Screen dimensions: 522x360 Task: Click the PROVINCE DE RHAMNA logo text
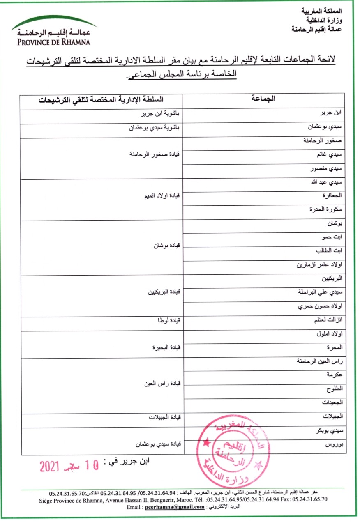pyautogui.click(x=53, y=41)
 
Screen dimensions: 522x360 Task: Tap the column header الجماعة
pyautogui.click(x=263, y=99)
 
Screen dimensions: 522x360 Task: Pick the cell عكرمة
pyautogui.click(x=336, y=375)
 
